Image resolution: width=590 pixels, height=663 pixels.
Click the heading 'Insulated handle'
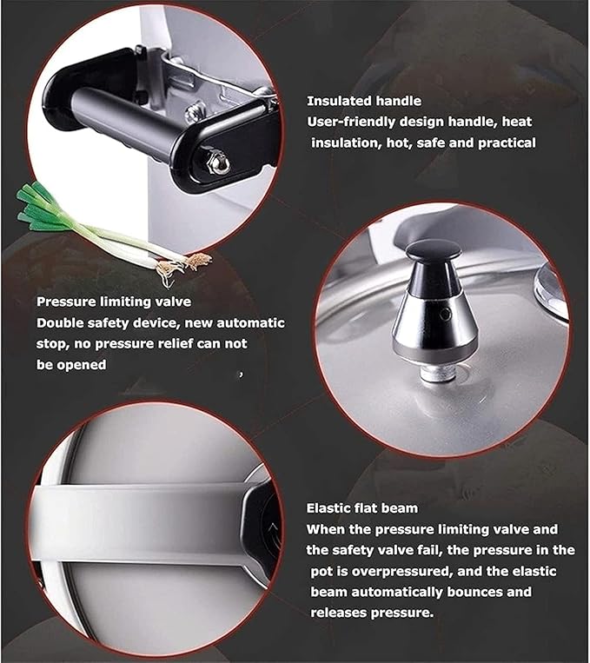pyautogui.click(x=364, y=101)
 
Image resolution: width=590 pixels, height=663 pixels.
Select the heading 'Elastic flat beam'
pyautogui.click(x=361, y=507)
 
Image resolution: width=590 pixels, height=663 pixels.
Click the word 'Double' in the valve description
pyautogui.click(x=58, y=323)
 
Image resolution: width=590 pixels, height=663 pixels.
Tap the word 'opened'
pyautogui.click(x=83, y=365)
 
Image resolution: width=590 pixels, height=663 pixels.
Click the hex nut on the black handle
pyautogui.click(x=220, y=161)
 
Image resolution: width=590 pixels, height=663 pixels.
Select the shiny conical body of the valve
pyautogui.click(x=428, y=326)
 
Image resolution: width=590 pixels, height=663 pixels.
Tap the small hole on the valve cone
pyautogui.click(x=446, y=309)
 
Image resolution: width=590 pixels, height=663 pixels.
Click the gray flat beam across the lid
pyautogui.click(x=139, y=522)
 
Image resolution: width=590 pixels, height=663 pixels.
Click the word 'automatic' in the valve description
pyautogui.click(x=253, y=323)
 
